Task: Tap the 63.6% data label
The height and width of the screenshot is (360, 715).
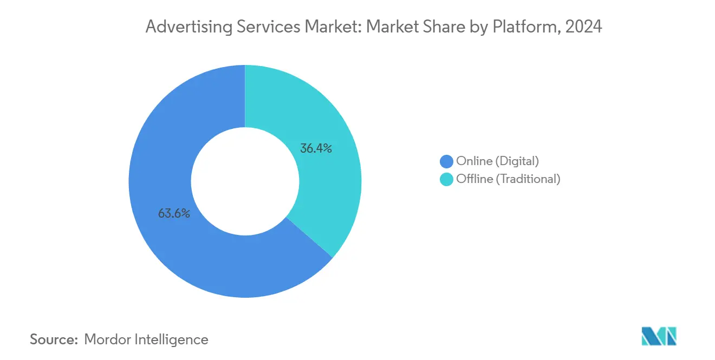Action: pyautogui.click(x=174, y=213)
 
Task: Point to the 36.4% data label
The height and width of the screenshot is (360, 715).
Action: pyautogui.click(x=316, y=148)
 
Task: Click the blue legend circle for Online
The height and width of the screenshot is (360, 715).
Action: pyautogui.click(x=447, y=161)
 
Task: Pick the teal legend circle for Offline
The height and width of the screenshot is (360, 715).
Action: pyautogui.click(x=447, y=179)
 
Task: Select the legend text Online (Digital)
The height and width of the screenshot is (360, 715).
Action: pyautogui.click(x=498, y=161)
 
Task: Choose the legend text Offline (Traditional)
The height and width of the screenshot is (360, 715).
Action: pyautogui.click(x=508, y=179)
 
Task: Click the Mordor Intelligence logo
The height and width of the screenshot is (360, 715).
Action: pyautogui.click(x=659, y=336)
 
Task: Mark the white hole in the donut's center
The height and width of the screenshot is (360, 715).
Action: pyautogui.click(x=245, y=181)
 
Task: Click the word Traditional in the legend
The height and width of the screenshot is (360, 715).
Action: pyautogui.click(x=528, y=179)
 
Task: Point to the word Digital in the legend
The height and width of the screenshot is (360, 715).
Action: pyautogui.click(x=518, y=161)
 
